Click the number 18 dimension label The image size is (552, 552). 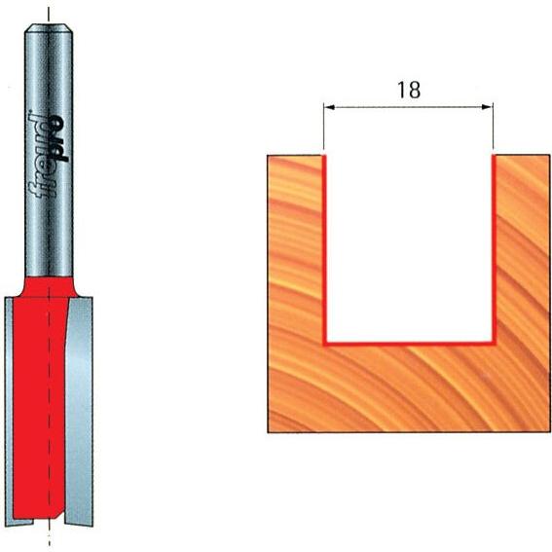click(x=409, y=90)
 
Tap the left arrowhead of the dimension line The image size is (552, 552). click(x=329, y=107)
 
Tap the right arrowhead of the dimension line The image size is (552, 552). click(x=487, y=107)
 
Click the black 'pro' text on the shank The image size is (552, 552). click(x=57, y=138)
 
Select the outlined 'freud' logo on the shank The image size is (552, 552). click(x=37, y=155)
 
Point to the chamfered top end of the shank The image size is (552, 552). click(x=49, y=28)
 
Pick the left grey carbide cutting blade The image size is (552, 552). click(x=9, y=412)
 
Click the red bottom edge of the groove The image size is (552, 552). click(x=410, y=343)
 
